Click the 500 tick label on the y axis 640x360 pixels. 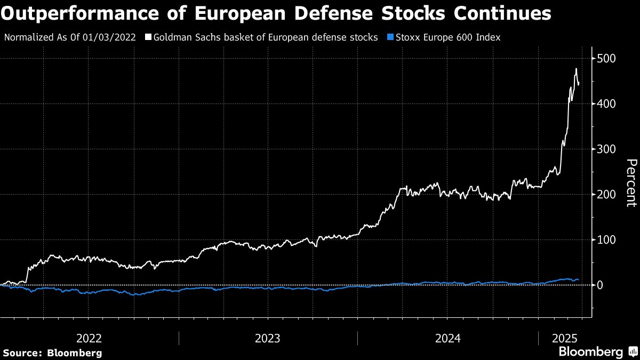click(607, 58)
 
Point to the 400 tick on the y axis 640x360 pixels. click(607, 103)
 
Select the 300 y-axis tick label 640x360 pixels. click(607, 149)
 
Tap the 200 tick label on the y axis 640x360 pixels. click(607, 194)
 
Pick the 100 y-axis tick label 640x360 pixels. click(607, 239)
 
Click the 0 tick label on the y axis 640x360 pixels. click(601, 285)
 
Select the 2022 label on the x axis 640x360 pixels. click(89, 338)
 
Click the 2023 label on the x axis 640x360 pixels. click(268, 338)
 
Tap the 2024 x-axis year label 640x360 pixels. click(447, 338)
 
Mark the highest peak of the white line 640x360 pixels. click(575, 69)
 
